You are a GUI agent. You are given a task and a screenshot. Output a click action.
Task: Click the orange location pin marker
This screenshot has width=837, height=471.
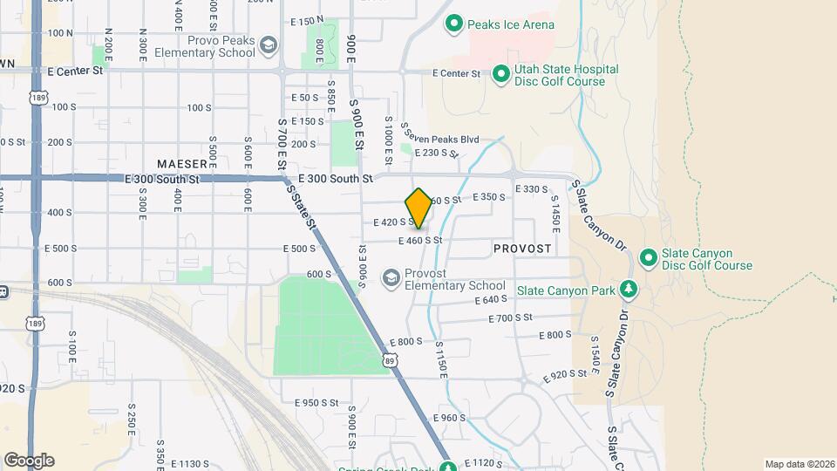pyautogui.click(x=419, y=207)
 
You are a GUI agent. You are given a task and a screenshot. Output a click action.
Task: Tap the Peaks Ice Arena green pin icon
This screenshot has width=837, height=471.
pyautogui.click(x=453, y=24)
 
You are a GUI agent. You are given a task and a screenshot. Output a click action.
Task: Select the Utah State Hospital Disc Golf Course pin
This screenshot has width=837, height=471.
pyautogui.click(x=500, y=75)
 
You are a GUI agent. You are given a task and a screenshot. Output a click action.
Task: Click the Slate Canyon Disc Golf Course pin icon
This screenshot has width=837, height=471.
pyautogui.click(x=648, y=259)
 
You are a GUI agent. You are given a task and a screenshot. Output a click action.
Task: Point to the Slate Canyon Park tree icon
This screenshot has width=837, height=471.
pyautogui.click(x=628, y=290)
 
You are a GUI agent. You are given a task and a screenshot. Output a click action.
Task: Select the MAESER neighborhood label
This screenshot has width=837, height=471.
pyautogui.click(x=182, y=164)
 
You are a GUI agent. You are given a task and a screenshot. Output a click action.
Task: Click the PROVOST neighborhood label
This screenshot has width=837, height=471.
pyautogui.click(x=522, y=249)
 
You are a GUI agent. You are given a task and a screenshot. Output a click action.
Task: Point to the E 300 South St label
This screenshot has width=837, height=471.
pyautogui.click(x=336, y=178)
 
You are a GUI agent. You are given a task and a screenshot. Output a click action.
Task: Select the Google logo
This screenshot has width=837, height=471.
pyautogui.click(x=29, y=460)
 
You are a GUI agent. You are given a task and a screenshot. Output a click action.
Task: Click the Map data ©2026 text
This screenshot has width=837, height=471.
pyautogui.click(x=799, y=463)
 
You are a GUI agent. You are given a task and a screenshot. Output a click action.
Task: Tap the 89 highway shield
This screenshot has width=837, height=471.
pyautogui.click(x=388, y=358)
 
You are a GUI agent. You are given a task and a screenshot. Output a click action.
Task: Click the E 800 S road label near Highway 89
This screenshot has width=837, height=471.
pyautogui.click(x=405, y=342)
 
